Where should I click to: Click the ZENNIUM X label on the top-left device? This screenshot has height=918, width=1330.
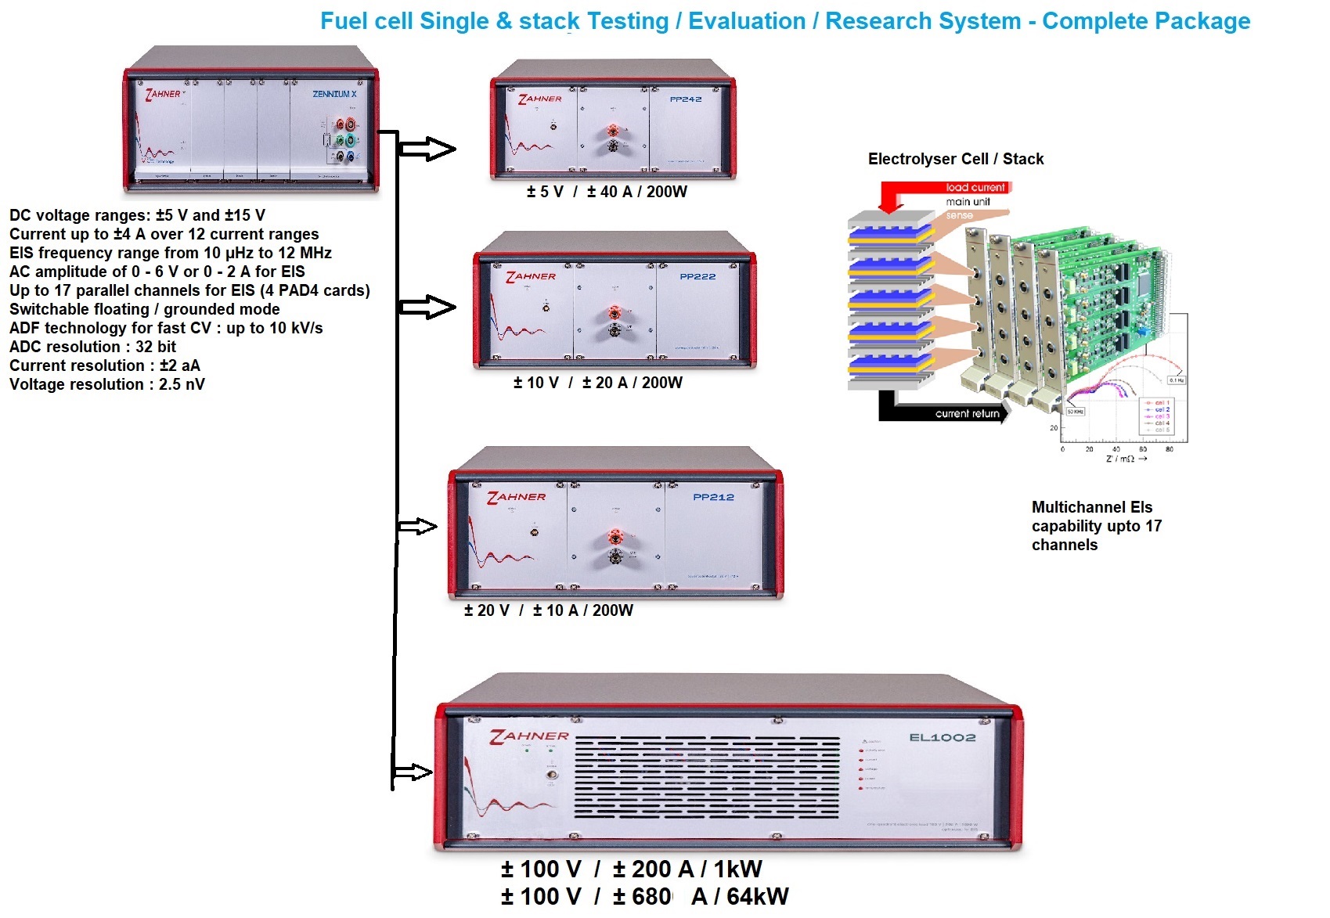tap(334, 94)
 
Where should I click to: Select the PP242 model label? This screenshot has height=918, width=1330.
tap(686, 99)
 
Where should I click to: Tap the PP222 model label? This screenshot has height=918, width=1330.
tap(697, 276)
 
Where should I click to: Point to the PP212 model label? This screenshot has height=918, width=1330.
tap(713, 497)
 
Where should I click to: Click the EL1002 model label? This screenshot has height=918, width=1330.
tap(943, 737)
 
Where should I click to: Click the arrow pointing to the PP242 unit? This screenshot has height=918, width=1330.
tap(427, 149)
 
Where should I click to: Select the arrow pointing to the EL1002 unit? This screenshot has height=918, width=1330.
tap(412, 772)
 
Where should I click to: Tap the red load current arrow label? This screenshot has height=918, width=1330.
tap(975, 188)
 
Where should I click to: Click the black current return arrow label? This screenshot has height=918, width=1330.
tap(967, 413)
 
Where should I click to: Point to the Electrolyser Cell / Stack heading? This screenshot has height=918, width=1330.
tap(956, 159)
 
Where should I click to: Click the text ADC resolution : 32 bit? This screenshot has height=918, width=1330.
tap(92, 347)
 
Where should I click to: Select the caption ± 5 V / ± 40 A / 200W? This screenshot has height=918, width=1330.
tap(607, 192)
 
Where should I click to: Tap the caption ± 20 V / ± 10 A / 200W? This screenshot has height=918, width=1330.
tap(548, 610)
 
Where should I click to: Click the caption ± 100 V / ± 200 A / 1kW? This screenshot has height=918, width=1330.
tap(631, 869)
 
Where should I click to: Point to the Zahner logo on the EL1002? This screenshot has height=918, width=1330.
tap(529, 736)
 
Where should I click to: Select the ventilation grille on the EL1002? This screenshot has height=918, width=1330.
tap(706, 777)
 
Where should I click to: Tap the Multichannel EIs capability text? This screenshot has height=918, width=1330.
tap(1096, 526)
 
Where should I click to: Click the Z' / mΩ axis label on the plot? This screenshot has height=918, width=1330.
tap(1124, 459)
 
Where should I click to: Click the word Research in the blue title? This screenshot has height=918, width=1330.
tap(923, 21)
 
